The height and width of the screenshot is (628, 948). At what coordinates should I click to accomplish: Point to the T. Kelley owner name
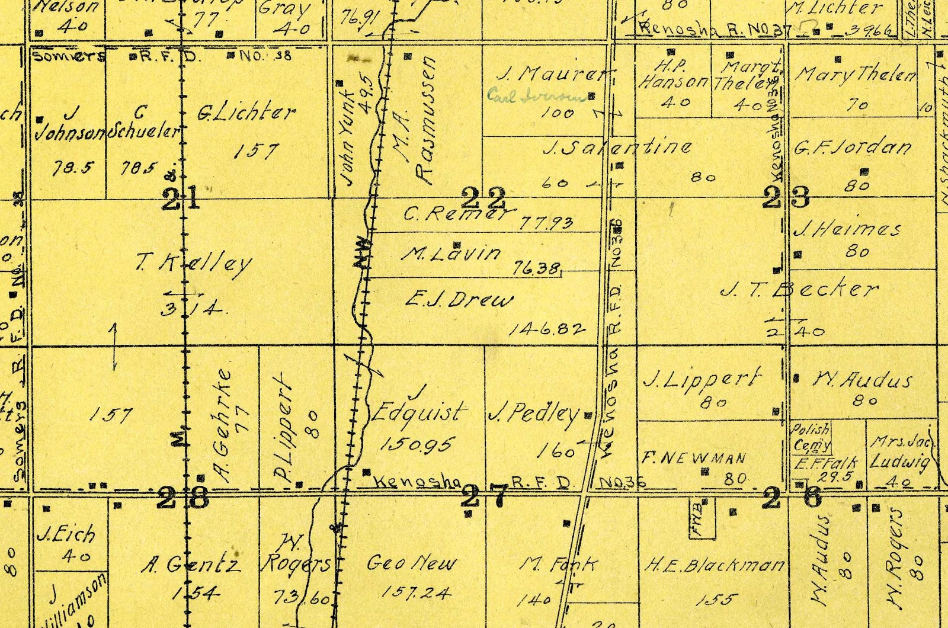(x=194, y=262)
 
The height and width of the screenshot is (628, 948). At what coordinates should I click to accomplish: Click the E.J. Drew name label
(x=459, y=299)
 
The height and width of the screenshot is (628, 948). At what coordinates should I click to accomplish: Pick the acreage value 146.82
(x=547, y=329)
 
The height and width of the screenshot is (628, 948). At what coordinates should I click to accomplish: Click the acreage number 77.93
(x=546, y=223)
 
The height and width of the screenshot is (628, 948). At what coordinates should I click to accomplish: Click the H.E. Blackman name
(x=715, y=566)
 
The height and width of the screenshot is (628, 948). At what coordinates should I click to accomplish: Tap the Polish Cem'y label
(x=812, y=437)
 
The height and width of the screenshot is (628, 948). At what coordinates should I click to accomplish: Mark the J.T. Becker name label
(x=799, y=290)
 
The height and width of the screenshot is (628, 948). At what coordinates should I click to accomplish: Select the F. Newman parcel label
(x=694, y=458)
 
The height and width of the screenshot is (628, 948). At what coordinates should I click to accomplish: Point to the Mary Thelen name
(x=855, y=75)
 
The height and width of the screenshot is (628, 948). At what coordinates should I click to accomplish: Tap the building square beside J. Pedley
(x=588, y=415)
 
